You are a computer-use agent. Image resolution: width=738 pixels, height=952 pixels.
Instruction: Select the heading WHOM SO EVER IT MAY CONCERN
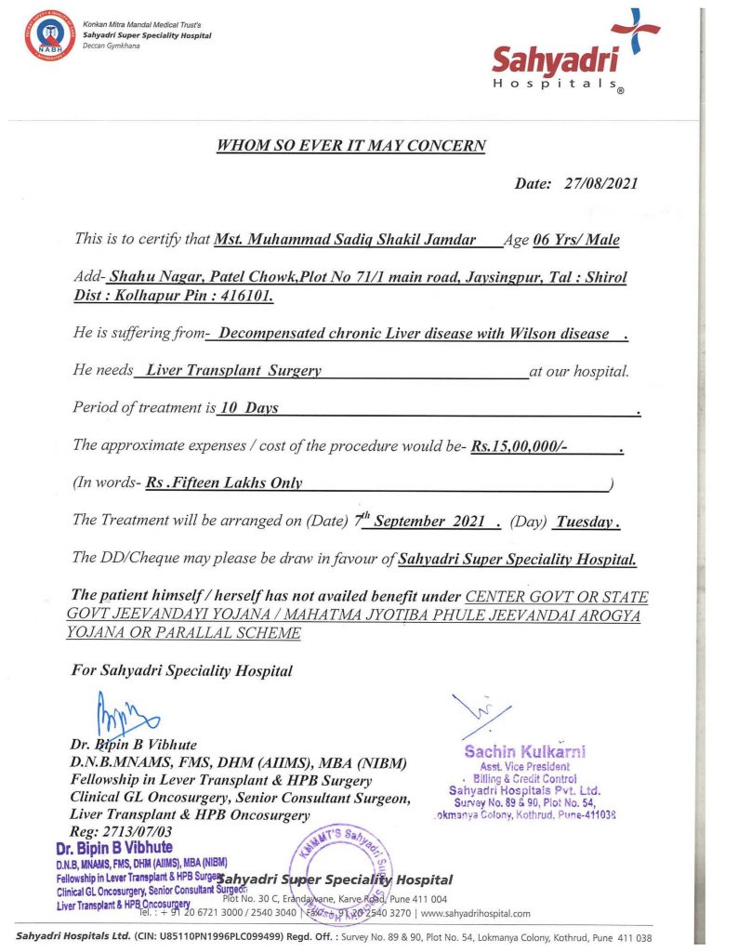pyautogui.click(x=350, y=146)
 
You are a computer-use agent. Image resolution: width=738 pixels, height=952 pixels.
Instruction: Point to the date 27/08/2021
pyautogui.click(x=600, y=183)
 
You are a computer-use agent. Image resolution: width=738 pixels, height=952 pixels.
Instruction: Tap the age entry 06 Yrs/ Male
pyautogui.click(x=576, y=240)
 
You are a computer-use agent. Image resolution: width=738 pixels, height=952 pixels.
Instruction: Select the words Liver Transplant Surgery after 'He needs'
pyautogui.click(x=233, y=371)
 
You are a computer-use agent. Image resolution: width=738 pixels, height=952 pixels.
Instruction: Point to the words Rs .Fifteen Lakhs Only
pyautogui.click(x=224, y=483)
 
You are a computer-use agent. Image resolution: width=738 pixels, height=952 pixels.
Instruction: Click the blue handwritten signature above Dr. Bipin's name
pyautogui.click(x=125, y=717)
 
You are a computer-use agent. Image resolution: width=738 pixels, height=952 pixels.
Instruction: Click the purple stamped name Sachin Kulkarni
pyautogui.click(x=525, y=751)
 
